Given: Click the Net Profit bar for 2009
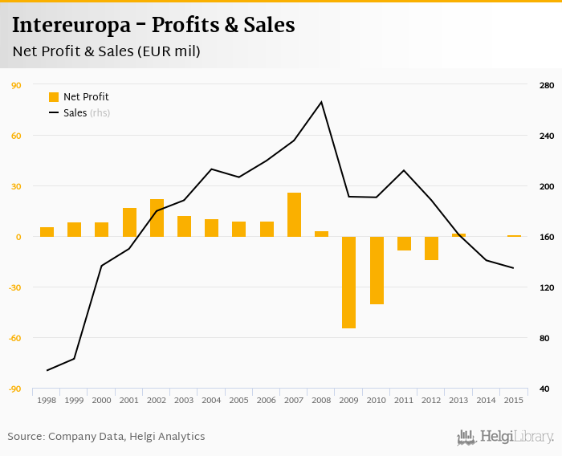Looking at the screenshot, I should click(349, 282).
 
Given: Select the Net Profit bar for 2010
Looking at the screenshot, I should click(377, 271).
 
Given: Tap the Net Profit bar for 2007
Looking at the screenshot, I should click(294, 214).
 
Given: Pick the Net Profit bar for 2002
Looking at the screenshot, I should click(157, 218).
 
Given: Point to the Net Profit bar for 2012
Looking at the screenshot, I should click(431, 248).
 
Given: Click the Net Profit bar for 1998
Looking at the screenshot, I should click(47, 232).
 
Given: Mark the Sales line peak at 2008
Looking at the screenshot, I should click(321, 102).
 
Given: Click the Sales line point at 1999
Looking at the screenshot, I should click(74, 359).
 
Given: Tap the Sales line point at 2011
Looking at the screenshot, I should click(404, 170).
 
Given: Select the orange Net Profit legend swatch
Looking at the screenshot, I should click(54, 97).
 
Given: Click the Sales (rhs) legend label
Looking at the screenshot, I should click(86, 113).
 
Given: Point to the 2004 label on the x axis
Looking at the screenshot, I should click(211, 400).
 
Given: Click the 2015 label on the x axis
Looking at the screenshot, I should click(513, 400).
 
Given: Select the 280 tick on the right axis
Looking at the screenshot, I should click(546, 85).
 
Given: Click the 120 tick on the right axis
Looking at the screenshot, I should click(546, 287).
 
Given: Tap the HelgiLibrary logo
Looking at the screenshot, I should click(506, 437).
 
